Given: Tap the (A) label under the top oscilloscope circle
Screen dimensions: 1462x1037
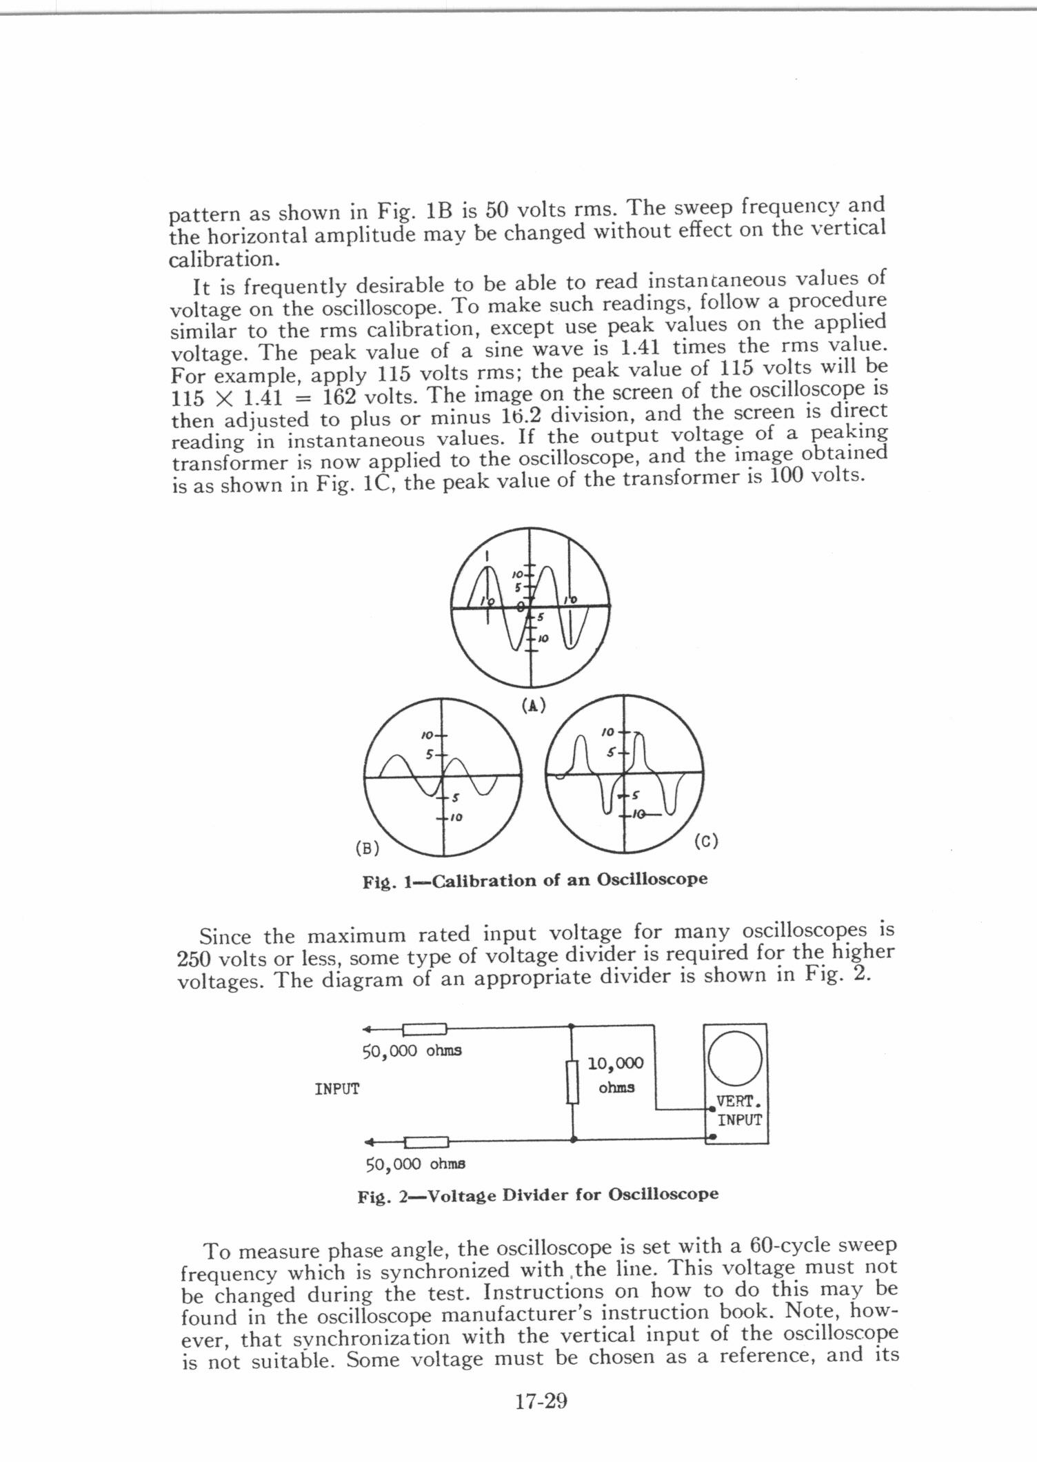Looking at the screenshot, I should [x=533, y=705].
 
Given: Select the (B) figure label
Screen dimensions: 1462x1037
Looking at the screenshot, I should [x=368, y=849].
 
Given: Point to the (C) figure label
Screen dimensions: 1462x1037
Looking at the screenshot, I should [x=706, y=841].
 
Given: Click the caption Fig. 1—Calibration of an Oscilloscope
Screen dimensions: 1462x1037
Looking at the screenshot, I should [x=535, y=880].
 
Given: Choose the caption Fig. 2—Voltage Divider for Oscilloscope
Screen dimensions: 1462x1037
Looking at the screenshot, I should [x=538, y=1194].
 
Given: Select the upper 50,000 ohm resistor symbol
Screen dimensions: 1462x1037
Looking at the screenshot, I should [x=425, y=1030].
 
